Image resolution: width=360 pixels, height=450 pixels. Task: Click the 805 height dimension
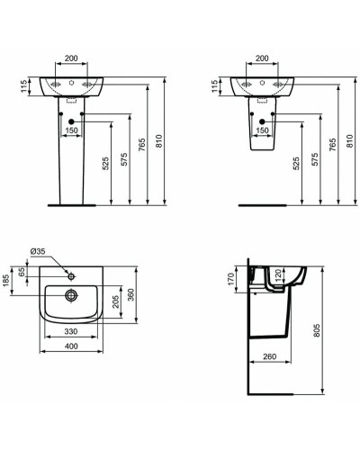[x=313, y=330]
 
